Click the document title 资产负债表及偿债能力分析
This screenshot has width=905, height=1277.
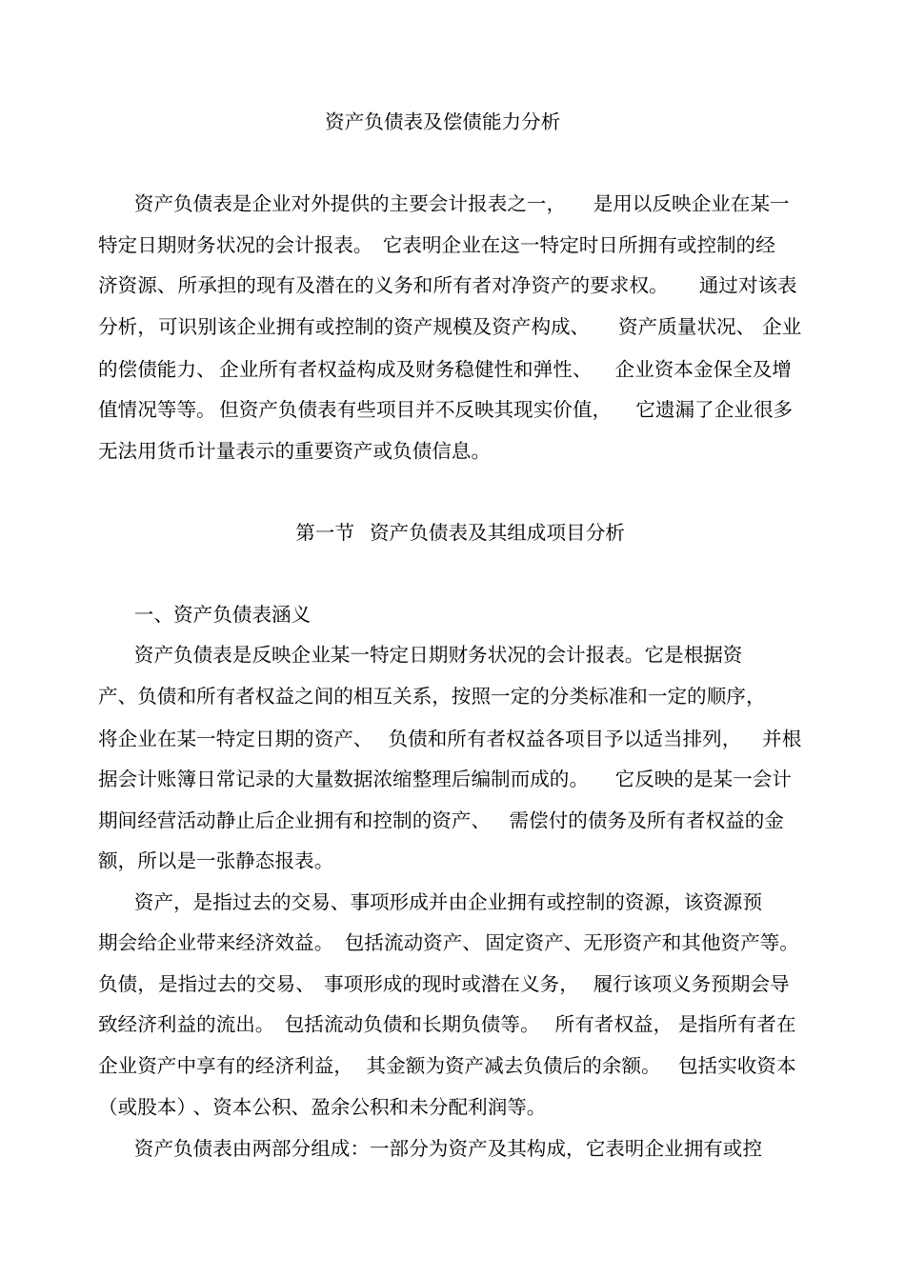click(442, 122)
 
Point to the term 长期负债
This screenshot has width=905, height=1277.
click(461, 1025)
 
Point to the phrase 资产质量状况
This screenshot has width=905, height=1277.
click(676, 328)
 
